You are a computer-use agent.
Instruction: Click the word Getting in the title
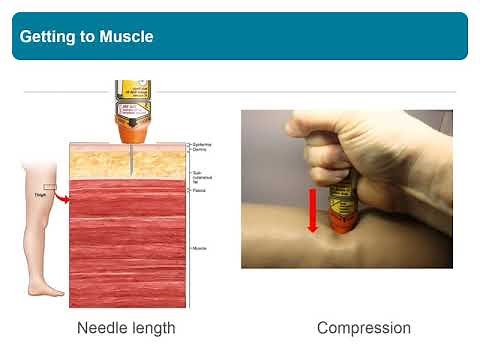pyautogui.click(x=46, y=37)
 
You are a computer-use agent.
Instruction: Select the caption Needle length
pyautogui.click(x=126, y=327)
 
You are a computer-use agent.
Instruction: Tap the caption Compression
pyautogui.click(x=364, y=327)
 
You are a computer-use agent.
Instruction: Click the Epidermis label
pyautogui.click(x=200, y=144)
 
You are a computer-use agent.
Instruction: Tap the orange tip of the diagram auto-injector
pyautogui.click(x=131, y=130)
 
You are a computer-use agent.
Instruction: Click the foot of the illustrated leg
pyautogui.click(x=46, y=290)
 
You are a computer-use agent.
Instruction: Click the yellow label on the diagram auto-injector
pyautogui.click(x=131, y=100)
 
